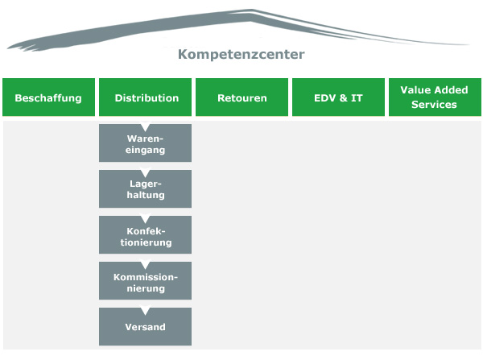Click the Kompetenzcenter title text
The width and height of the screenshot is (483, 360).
[241, 56]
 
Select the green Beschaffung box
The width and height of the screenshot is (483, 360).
[48, 98]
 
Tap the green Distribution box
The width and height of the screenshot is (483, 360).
[146, 98]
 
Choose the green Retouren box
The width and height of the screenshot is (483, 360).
[242, 98]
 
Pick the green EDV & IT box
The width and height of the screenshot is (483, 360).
[338, 98]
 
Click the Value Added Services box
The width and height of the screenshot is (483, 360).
[434, 98]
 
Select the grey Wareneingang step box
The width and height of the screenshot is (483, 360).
[146, 144]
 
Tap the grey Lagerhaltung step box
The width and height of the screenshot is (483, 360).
[146, 190]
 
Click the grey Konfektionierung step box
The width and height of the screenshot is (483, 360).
[146, 236]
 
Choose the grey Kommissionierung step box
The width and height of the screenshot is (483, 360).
[146, 282]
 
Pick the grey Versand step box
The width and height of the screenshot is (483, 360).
[146, 327]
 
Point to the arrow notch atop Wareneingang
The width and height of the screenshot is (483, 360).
[146, 127]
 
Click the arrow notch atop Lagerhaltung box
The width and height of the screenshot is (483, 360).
[146, 173]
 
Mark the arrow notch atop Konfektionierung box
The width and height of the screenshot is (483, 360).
[146, 219]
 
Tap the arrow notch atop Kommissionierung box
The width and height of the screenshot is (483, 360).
[146, 265]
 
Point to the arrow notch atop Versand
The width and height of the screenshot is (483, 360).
[146, 311]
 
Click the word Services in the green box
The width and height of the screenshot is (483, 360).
[434, 105]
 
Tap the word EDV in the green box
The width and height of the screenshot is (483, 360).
[326, 98]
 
